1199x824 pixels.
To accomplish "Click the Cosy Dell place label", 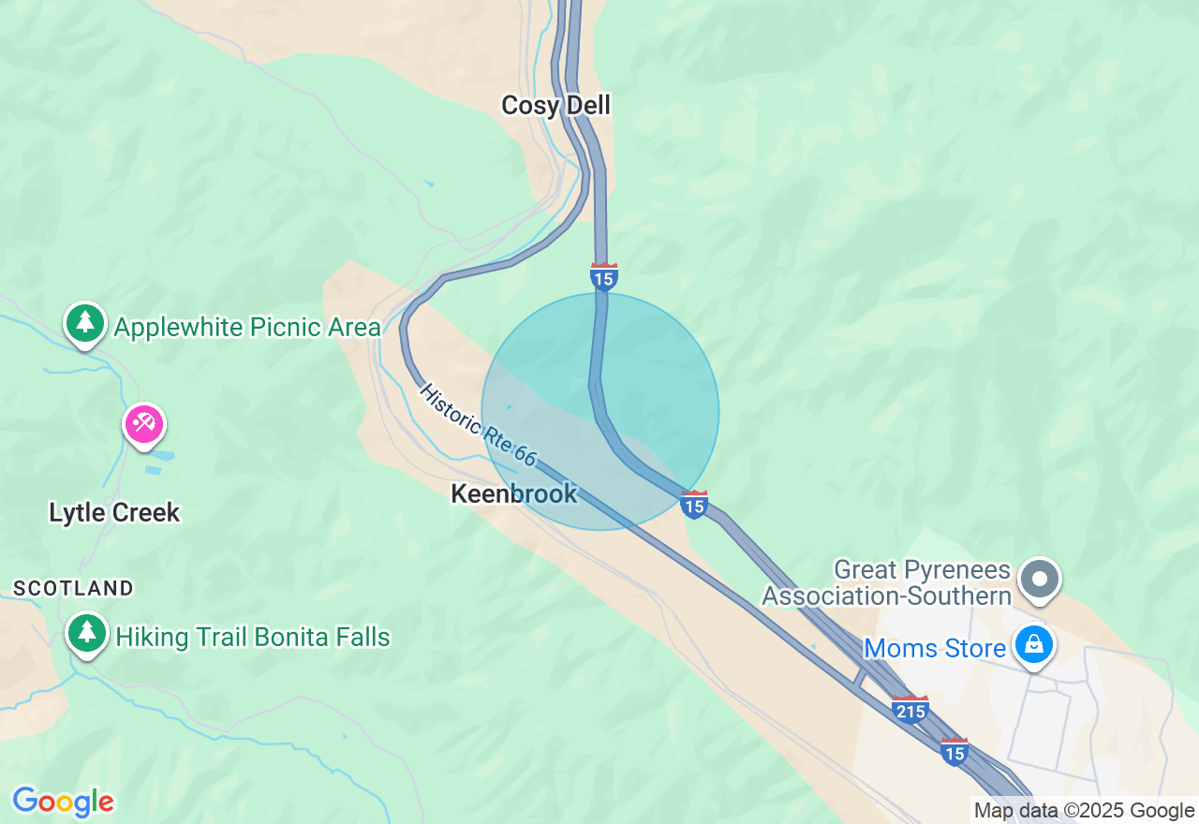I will click(x=555, y=105).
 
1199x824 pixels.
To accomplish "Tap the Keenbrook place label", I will click(x=514, y=493).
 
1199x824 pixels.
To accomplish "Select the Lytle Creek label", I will click(x=114, y=512).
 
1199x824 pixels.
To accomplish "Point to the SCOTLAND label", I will click(x=73, y=588).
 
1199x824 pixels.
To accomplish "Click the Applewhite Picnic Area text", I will click(x=247, y=327).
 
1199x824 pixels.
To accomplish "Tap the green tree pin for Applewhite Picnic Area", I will click(x=85, y=323).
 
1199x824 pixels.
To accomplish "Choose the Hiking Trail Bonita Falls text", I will click(x=253, y=637).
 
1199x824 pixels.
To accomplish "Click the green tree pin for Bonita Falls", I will click(x=87, y=633).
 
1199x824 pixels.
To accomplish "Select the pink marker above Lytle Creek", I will click(x=144, y=425).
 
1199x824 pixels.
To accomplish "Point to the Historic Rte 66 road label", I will click(x=478, y=425).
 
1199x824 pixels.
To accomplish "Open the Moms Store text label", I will click(x=935, y=648).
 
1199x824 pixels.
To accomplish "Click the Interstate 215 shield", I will click(x=910, y=710).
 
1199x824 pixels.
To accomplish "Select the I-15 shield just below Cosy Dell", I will click(x=604, y=277).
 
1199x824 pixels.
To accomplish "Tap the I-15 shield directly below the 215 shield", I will click(x=955, y=752).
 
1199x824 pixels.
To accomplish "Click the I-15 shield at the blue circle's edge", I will click(x=694, y=505).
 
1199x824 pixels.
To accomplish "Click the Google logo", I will click(x=63, y=802).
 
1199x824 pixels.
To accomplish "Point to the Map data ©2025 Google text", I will click(x=1084, y=811).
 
